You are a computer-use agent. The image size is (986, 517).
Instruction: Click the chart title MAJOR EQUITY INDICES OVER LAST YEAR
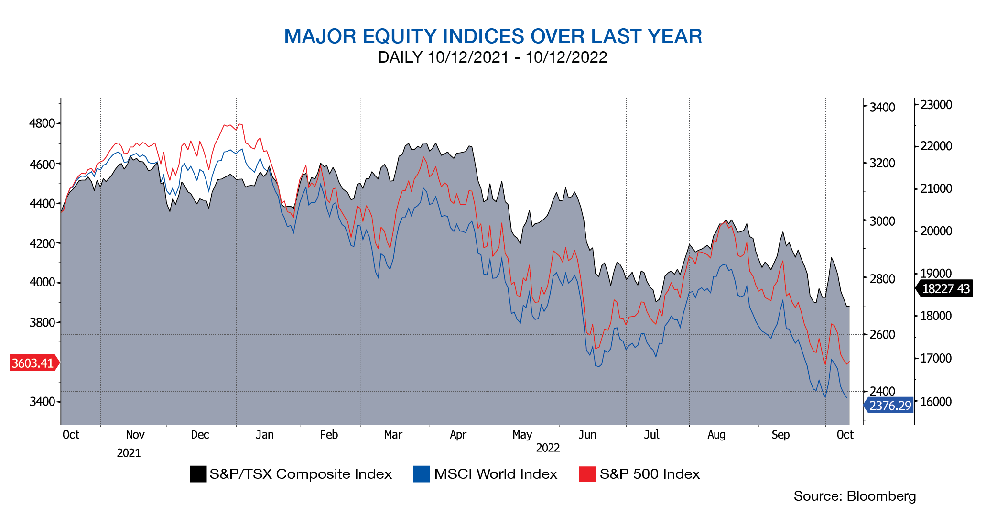tap(493, 36)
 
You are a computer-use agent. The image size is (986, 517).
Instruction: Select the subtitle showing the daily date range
tap(493, 57)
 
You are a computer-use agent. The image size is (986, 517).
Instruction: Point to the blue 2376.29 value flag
tap(889, 406)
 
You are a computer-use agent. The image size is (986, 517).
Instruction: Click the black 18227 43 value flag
tap(945, 289)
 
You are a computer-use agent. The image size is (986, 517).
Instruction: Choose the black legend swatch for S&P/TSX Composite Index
tap(198, 474)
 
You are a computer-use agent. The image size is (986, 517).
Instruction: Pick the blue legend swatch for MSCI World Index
tap(421, 474)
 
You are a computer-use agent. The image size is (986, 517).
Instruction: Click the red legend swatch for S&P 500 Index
tap(587, 474)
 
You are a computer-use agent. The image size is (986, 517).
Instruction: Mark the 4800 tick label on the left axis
tap(42, 123)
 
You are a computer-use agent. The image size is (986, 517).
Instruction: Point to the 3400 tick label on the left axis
tap(42, 401)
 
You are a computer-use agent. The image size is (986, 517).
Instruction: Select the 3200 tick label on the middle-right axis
tap(882, 164)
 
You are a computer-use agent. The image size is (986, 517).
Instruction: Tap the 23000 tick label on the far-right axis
tap(936, 105)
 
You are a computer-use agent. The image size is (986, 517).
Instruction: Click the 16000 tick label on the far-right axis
tap(936, 402)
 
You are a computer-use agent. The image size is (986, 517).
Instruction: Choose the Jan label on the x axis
tap(265, 435)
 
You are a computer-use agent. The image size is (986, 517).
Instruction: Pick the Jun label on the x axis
tap(587, 435)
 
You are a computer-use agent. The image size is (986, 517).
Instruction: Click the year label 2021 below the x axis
tap(129, 453)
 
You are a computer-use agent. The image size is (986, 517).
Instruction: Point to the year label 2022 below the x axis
tap(548, 448)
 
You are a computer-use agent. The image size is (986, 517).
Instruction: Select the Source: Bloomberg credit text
tap(855, 496)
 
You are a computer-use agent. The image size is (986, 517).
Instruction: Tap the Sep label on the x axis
tap(780, 435)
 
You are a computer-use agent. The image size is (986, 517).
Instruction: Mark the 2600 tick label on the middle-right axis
tap(882, 335)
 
